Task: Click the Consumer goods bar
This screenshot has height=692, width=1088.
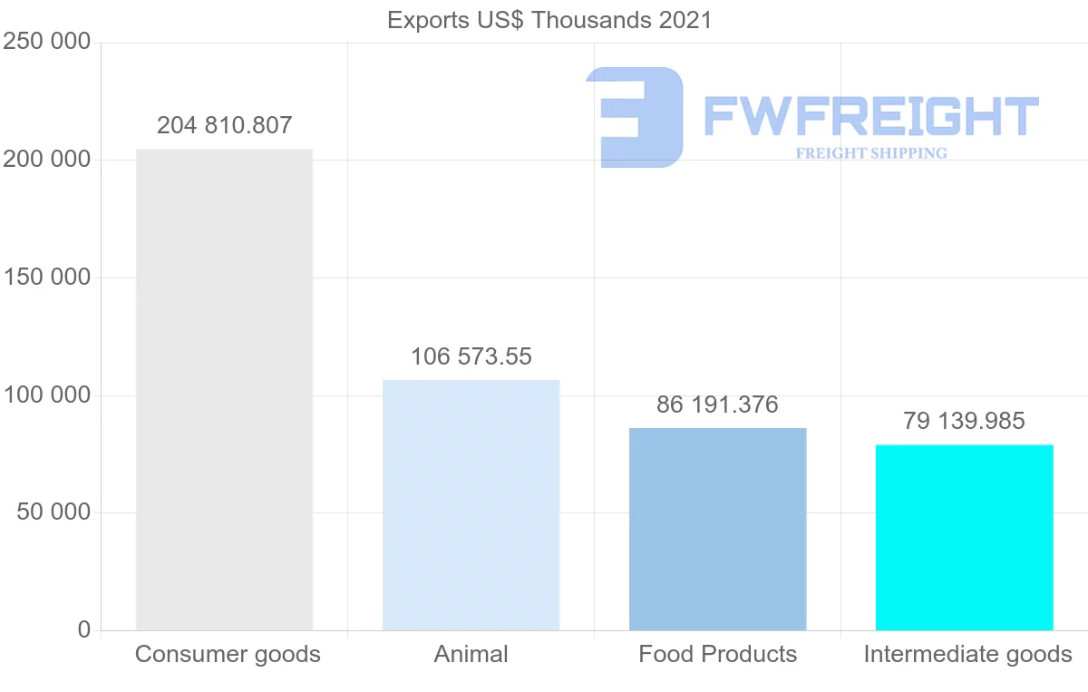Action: tap(224, 389)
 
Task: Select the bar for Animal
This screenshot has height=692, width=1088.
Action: tap(471, 504)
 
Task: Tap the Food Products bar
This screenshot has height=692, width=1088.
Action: tap(717, 529)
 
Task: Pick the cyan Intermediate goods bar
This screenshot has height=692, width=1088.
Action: tap(964, 537)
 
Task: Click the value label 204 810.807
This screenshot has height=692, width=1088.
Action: tap(225, 125)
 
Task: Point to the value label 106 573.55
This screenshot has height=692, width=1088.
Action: tap(471, 356)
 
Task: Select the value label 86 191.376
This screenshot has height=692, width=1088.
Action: tap(717, 404)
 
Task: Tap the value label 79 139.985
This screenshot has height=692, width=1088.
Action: tap(964, 421)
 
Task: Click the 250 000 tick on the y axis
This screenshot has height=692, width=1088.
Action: tap(47, 42)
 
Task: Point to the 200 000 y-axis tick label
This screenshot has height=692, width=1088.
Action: tap(47, 160)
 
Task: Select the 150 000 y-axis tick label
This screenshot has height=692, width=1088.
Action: tap(47, 278)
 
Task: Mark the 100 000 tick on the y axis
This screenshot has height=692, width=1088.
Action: tap(47, 395)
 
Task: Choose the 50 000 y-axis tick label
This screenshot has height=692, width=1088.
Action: tap(53, 512)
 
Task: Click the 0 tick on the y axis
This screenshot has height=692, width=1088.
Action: tap(84, 629)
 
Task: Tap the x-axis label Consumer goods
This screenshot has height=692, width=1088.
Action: tap(228, 654)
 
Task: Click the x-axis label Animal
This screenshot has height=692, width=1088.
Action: tap(471, 654)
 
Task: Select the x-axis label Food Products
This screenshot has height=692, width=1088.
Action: tap(717, 654)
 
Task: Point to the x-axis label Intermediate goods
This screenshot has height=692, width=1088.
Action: tap(967, 654)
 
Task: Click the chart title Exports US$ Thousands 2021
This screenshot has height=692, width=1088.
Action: tap(549, 20)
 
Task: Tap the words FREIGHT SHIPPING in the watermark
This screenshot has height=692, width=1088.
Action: tap(871, 153)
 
